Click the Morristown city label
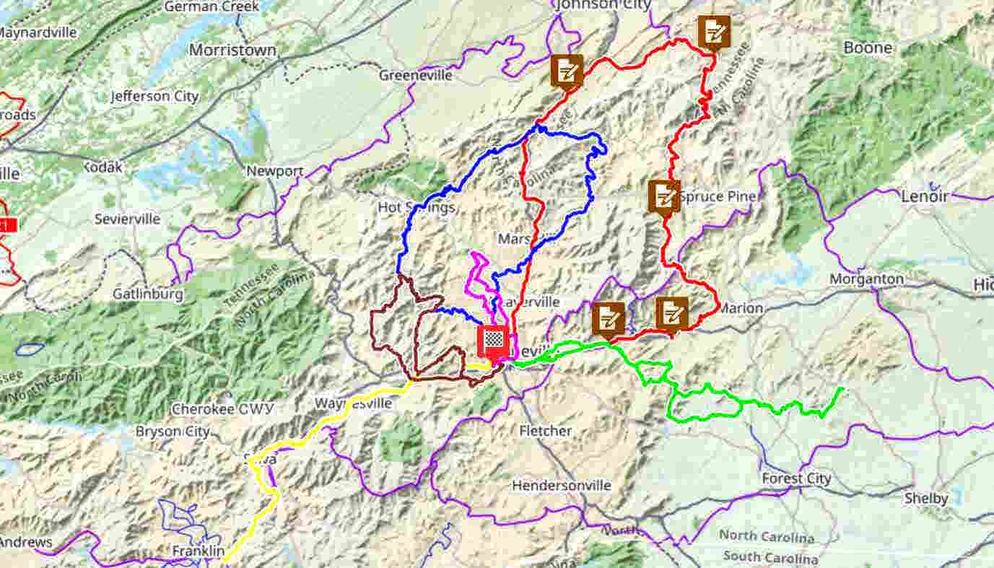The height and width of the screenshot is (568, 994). point(232,51)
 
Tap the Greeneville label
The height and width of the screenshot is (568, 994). point(416,75)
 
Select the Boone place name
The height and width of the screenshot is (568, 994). point(868,48)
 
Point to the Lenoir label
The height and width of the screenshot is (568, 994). point(924,196)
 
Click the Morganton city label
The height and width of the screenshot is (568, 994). point(866,279)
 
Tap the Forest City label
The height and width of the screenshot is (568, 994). point(796,479)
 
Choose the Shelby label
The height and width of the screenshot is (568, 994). point(926,499)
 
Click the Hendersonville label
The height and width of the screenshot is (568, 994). point(562,486)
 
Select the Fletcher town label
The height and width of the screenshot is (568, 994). point(546,431)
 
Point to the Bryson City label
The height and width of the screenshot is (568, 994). point(173,432)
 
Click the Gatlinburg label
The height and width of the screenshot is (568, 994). point(148,294)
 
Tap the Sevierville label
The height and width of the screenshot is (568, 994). point(127,219)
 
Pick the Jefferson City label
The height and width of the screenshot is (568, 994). point(154,96)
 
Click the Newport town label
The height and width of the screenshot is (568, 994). point(274,172)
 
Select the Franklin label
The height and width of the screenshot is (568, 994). point(198,551)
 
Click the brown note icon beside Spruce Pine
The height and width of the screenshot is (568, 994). point(663,195)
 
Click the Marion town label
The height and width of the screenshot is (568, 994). point(740,308)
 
